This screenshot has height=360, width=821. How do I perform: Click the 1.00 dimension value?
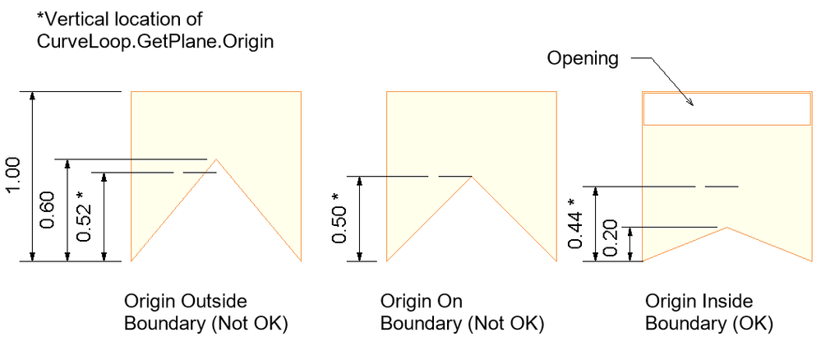pyautogui.click(x=15, y=176)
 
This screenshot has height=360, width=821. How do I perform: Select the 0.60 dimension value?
pyautogui.click(x=48, y=210)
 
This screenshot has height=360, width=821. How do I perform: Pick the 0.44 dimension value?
pyautogui.click(x=575, y=229)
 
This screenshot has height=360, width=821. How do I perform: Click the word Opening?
pyautogui.click(x=583, y=58)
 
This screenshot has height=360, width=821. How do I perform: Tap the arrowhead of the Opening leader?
pyautogui.click(x=690, y=102)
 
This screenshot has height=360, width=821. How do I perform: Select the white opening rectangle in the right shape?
pyautogui.click(x=726, y=109)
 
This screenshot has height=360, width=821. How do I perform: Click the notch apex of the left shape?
pyautogui.click(x=216, y=159)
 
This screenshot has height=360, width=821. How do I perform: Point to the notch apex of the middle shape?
pyautogui.click(x=471, y=176)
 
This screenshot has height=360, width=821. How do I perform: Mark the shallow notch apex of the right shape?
pyautogui.click(x=726, y=228)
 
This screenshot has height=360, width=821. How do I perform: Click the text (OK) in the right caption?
pyautogui.click(x=752, y=323)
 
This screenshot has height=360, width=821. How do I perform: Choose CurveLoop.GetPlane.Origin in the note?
pyautogui.click(x=155, y=41)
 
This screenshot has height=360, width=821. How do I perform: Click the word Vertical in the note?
pyautogui.click(x=73, y=20)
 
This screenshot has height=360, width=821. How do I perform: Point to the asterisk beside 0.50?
pyautogui.click(x=335, y=197)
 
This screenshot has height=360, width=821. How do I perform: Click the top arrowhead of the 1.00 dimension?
pyautogui.click(x=33, y=97)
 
